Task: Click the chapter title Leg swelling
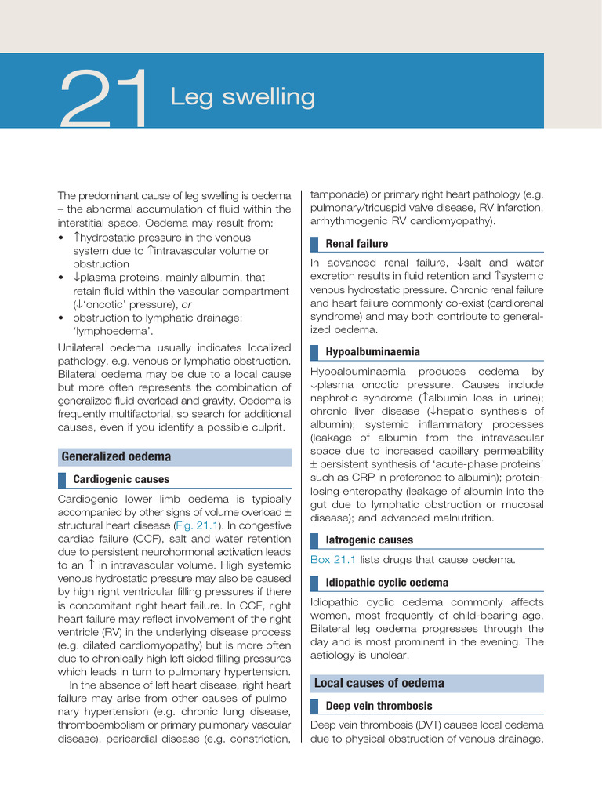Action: pos(243,97)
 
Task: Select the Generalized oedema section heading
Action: pos(116,456)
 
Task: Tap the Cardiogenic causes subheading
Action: pos(121,479)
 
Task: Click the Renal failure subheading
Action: pos(357,244)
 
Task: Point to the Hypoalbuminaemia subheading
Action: pos(372,352)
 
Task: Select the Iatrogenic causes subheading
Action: pos(369,540)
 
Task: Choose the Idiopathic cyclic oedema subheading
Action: pos(387,583)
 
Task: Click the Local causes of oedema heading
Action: pos(379,683)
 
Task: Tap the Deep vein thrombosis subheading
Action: pos(379,706)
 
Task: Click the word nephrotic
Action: pos(335,398)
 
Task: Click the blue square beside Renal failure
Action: pos(315,244)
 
